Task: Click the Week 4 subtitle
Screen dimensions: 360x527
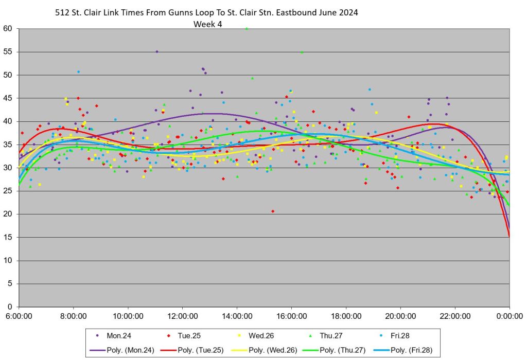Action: [x=207, y=24]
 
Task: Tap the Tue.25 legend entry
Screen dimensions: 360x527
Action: [x=189, y=335]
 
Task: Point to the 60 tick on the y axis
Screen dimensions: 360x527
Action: [x=8, y=29]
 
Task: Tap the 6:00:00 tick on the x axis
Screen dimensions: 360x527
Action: [x=19, y=315]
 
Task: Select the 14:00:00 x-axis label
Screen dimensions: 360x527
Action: [x=237, y=315]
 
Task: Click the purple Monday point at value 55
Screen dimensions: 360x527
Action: [x=157, y=51]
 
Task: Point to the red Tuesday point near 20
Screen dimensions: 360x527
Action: [x=273, y=211]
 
